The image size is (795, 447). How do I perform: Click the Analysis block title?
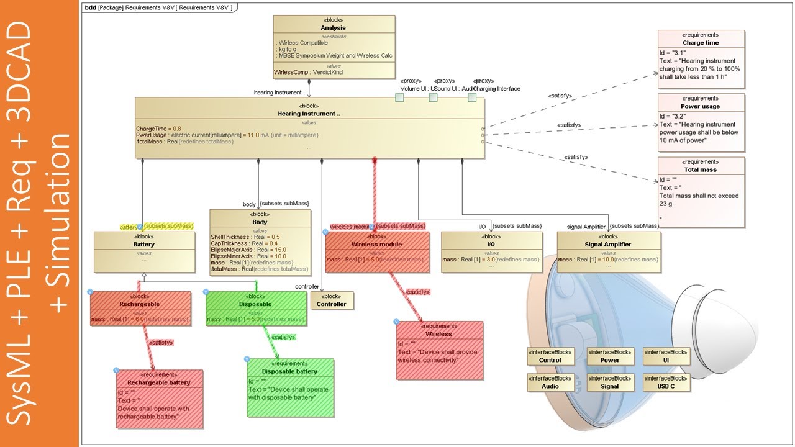334,28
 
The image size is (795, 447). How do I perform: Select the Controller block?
332,300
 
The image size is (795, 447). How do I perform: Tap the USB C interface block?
666,382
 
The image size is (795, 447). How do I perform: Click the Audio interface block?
550,382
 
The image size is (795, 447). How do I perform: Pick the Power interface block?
609,356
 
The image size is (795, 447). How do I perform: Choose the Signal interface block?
609,382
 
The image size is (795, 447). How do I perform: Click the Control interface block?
550,356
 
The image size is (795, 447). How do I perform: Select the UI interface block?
666,356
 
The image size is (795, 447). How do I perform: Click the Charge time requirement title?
701,43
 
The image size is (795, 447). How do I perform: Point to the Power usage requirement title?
701,106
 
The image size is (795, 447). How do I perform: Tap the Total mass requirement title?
701,169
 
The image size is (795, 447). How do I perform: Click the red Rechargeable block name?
140,304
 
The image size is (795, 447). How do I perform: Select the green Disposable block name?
255,304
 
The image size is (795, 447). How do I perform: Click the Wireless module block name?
376,244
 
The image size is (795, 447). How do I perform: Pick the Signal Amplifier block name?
608,244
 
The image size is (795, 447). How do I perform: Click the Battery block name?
143,244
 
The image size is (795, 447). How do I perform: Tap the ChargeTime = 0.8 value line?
159,128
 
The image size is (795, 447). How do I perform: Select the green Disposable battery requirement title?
289,371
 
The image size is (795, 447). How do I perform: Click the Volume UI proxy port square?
399,97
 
